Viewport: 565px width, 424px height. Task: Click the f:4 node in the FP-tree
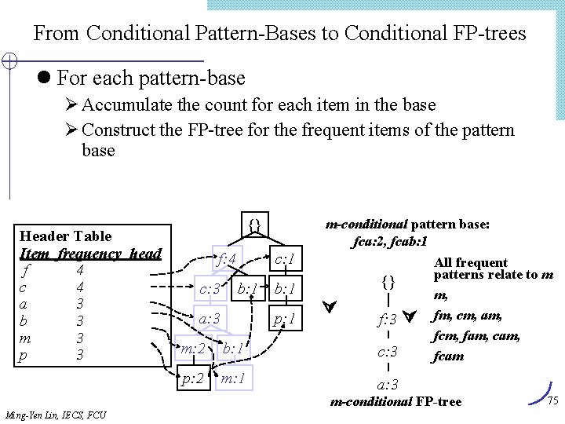pyautogui.click(x=228, y=259)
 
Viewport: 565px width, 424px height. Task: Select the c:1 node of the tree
pyautogui.click(x=282, y=259)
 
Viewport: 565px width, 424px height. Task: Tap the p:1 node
pyautogui.click(x=283, y=320)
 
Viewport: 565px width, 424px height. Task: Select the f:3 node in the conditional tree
pyautogui.click(x=388, y=320)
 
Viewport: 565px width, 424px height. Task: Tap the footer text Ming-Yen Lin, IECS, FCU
pyautogui.click(x=56, y=415)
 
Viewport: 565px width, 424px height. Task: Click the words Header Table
pyautogui.click(x=65, y=236)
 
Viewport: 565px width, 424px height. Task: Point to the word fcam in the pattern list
pyautogui.click(x=448, y=356)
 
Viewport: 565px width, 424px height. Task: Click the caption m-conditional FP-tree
pyautogui.click(x=395, y=402)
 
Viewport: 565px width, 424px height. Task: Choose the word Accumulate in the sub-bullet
pyautogui.click(x=126, y=104)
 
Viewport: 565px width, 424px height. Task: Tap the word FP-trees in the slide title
pyautogui.click(x=488, y=34)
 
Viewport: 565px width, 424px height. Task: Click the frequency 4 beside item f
pyautogui.click(x=79, y=270)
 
